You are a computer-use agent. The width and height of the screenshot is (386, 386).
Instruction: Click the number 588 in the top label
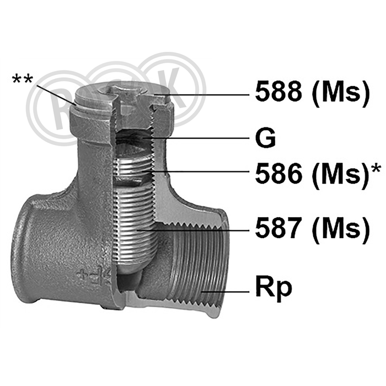point(278,92)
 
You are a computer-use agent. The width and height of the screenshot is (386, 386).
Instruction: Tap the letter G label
point(265,138)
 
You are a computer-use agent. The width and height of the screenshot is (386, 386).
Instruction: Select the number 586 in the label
point(278,174)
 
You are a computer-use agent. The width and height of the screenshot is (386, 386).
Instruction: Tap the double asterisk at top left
point(23,80)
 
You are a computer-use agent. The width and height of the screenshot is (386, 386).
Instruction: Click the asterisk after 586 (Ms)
point(376,169)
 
